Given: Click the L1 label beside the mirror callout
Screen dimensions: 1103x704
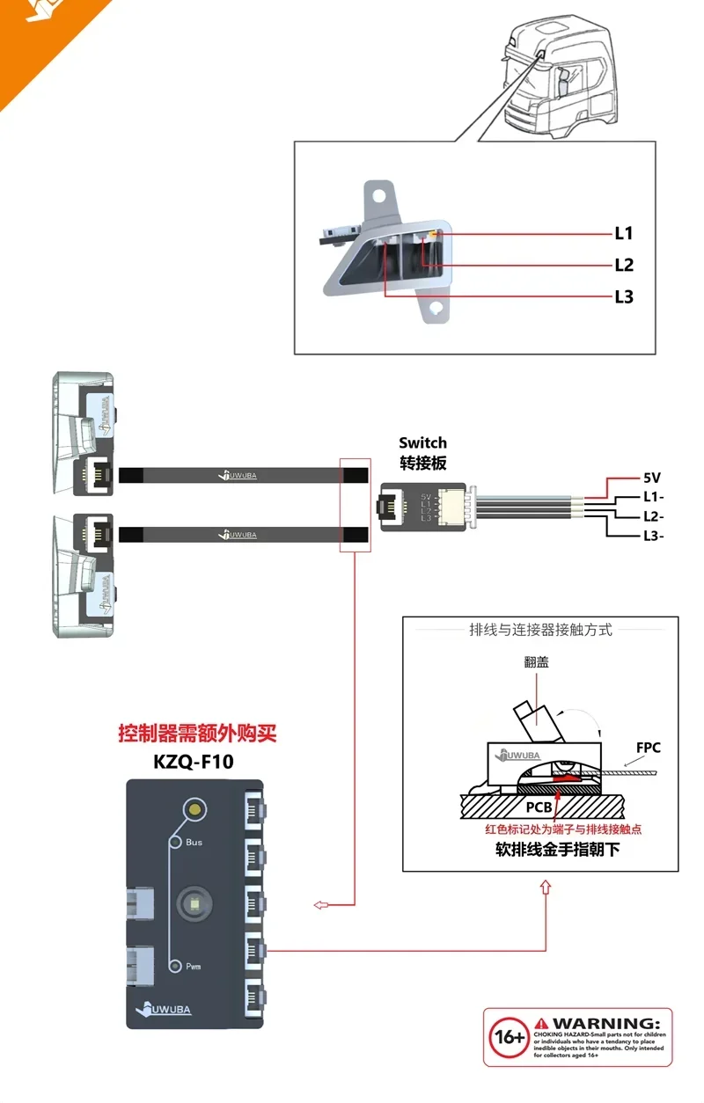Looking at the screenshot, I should click(x=624, y=233).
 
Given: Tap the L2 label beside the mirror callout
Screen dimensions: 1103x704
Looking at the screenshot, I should click(x=624, y=265).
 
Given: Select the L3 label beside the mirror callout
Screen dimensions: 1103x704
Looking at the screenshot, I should click(x=624, y=296).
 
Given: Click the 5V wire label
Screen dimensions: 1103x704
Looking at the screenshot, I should click(x=651, y=478).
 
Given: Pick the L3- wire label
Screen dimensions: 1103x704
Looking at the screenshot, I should click(x=654, y=536).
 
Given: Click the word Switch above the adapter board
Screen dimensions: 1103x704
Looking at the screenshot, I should click(x=422, y=442).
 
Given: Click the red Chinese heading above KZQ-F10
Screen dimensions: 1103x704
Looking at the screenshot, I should click(x=197, y=732).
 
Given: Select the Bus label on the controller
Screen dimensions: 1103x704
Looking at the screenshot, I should click(x=194, y=842).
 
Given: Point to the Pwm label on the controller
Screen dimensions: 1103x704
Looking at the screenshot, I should click(x=193, y=966).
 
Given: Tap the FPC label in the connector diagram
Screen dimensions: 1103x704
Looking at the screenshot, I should click(x=649, y=748).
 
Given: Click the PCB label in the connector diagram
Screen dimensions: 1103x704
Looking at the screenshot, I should click(x=539, y=806).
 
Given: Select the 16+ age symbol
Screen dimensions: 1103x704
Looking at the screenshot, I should click(x=506, y=1037).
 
